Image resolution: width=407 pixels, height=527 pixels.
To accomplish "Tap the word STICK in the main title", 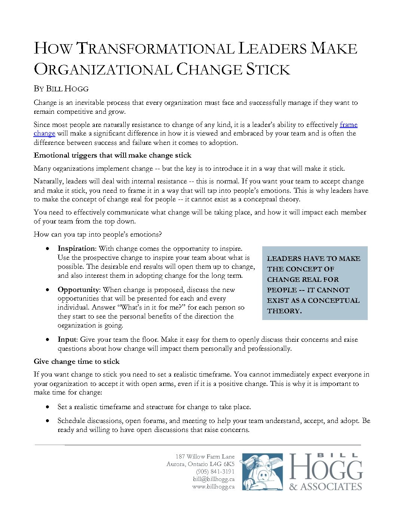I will [268, 70].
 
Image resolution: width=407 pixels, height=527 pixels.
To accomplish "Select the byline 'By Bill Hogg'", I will [61, 89].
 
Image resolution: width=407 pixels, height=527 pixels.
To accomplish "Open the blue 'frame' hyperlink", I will [348, 125].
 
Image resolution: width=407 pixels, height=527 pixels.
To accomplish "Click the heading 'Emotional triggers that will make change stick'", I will [112, 155].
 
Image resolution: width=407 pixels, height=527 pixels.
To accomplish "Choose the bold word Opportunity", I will [78, 290].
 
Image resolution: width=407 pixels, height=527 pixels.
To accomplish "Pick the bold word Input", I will [67, 339].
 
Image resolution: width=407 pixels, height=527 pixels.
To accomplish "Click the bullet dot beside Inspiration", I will [48, 249].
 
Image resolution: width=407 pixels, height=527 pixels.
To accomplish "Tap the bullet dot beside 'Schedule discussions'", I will [48, 421].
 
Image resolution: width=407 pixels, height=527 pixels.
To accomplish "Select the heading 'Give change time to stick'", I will [77, 362].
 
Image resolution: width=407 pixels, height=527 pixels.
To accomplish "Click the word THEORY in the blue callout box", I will [284, 311].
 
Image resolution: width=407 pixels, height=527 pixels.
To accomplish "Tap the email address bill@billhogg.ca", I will [214, 479].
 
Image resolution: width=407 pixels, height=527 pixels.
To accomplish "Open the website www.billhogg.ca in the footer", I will [213, 487].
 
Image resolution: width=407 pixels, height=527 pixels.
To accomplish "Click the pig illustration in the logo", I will [262, 472].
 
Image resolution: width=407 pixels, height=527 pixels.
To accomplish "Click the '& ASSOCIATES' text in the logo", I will [325, 487].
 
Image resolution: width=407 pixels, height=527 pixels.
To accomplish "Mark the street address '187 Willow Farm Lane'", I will [205, 457].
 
